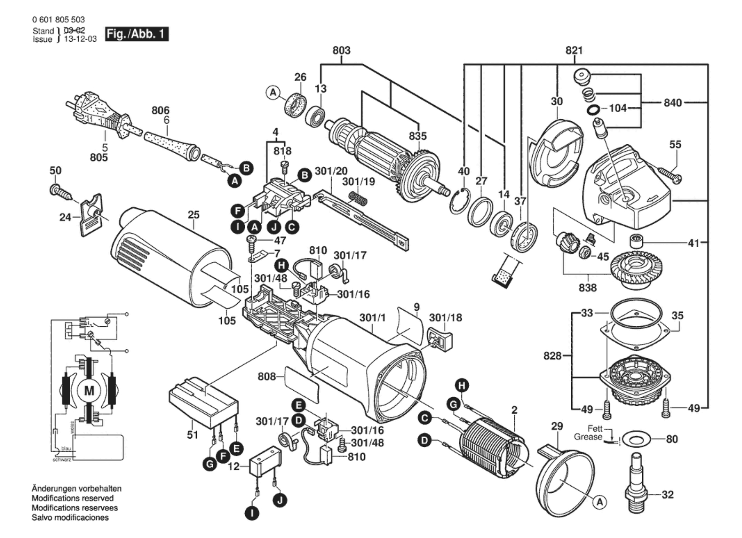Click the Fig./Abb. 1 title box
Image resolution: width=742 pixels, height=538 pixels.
(136, 34)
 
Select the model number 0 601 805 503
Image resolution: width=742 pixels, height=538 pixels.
(58, 19)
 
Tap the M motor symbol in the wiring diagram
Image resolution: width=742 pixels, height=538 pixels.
(89, 390)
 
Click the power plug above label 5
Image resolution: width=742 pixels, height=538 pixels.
(97, 113)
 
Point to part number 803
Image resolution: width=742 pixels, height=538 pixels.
(341, 50)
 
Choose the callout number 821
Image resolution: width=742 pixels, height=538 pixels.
(574, 50)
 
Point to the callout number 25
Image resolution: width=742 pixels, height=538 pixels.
(193, 215)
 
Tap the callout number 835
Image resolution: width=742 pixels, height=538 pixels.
(418, 136)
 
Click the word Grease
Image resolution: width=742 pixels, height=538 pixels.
(588, 437)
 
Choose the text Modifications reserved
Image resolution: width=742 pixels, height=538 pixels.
(73, 498)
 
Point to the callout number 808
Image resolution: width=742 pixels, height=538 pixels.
(267, 377)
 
